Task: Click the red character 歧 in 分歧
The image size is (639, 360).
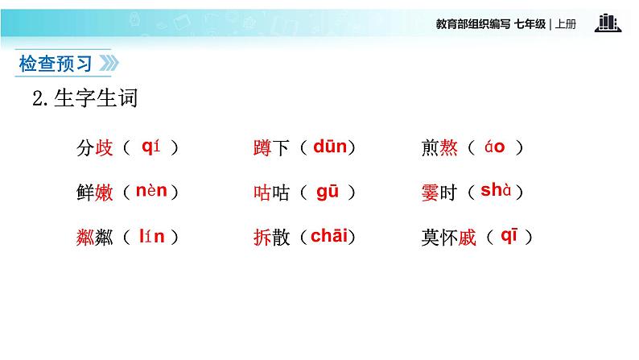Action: (x=105, y=148)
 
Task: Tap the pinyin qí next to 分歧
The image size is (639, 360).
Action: (x=151, y=147)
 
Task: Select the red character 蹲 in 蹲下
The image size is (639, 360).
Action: (x=262, y=148)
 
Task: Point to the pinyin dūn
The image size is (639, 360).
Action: (x=330, y=147)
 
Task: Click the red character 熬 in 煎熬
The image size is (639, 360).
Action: (x=450, y=148)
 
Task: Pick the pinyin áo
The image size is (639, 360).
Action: (x=494, y=147)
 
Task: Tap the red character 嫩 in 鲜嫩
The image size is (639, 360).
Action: (x=105, y=193)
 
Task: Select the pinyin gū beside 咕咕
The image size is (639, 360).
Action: (x=328, y=192)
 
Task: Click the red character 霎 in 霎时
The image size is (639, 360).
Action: (x=430, y=193)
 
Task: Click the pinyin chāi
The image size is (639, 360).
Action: (x=330, y=236)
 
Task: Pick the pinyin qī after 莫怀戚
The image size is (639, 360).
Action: (x=511, y=235)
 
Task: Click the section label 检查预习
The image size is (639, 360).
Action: (x=54, y=64)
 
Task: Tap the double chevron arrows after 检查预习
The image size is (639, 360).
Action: (x=107, y=64)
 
